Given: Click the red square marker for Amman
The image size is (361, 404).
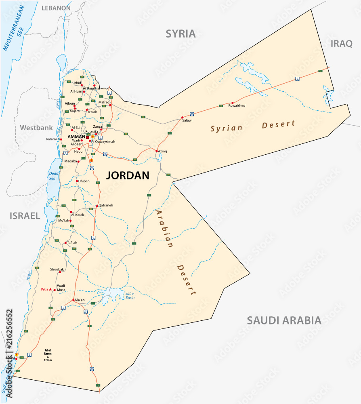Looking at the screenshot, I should (87, 137).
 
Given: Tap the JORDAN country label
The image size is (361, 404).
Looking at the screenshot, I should (128, 175).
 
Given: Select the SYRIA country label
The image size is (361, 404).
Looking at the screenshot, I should (180, 34).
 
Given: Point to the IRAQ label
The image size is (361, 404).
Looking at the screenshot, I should (342, 44).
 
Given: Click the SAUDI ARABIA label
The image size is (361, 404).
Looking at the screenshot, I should (284, 321).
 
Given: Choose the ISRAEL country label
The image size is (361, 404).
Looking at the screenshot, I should (25, 216).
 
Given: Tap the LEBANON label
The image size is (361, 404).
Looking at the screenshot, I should (56, 8).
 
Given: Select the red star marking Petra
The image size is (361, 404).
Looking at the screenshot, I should (50, 290).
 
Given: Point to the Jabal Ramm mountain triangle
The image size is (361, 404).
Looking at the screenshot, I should (48, 357).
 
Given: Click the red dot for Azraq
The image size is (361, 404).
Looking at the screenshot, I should (157, 151).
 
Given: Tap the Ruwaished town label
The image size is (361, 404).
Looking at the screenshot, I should (237, 106).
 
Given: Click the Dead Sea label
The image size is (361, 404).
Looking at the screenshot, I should (51, 175).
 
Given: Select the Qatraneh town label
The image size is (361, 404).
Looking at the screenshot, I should (106, 205).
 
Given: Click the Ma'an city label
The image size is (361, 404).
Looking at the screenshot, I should (80, 300).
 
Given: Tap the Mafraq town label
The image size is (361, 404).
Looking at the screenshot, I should (104, 102).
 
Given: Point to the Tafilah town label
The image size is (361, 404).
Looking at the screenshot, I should (72, 242).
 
